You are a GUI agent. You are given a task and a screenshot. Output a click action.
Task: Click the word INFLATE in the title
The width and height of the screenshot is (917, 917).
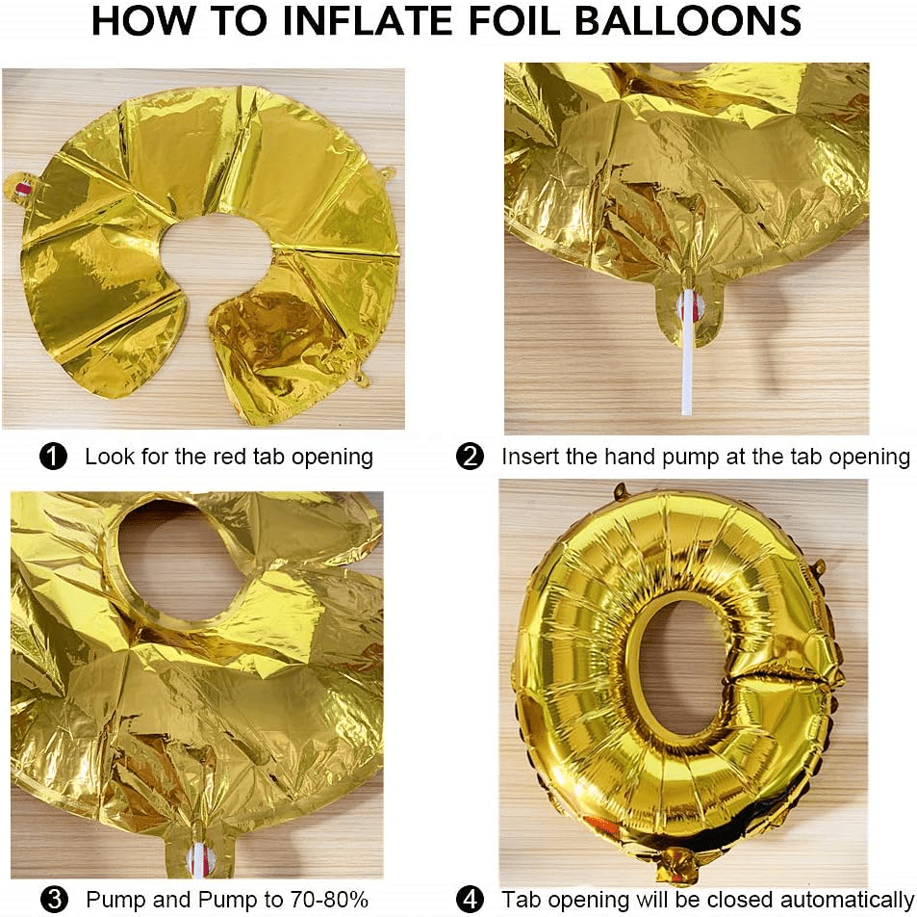tap(368, 20)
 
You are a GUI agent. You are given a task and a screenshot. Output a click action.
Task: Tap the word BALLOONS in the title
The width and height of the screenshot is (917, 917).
tap(688, 20)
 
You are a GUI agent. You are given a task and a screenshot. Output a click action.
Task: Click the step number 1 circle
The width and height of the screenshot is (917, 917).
tap(53, 457)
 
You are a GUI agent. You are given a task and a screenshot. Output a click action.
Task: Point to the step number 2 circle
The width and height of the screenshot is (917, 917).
tap(471, 457)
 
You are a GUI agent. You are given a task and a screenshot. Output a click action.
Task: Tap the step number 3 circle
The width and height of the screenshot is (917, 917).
tap(54, 899)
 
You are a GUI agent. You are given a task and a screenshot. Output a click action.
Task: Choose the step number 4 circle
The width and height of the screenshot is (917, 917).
tap(471, 899)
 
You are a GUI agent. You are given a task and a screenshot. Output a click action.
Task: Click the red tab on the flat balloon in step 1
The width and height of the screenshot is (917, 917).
tap(21, 189)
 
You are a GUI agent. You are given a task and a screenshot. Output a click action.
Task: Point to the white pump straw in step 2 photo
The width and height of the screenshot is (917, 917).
tap(688, 352)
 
